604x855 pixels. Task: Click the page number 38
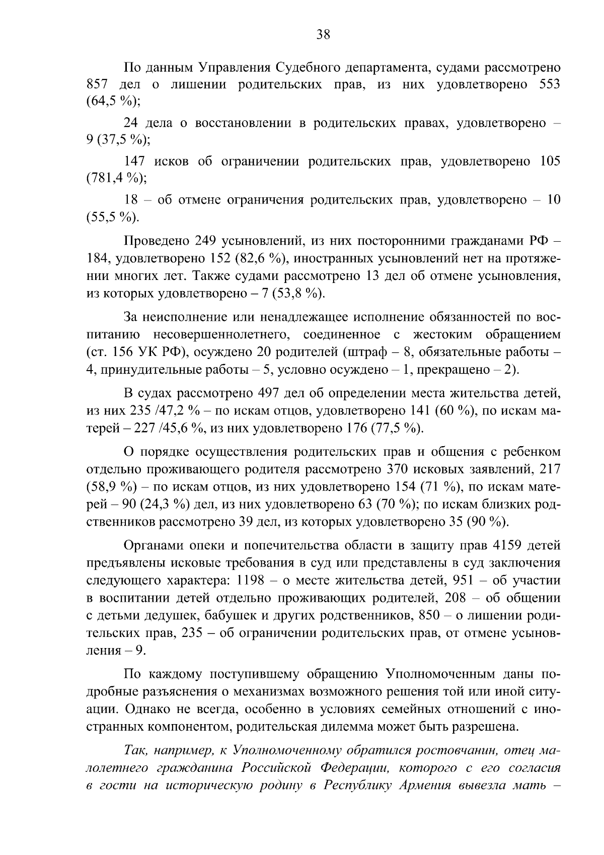[323, 34]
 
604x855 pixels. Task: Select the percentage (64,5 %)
[113, 101]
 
